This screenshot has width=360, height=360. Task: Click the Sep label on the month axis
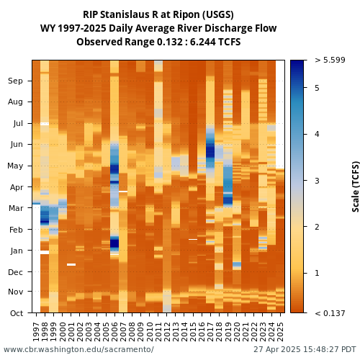point(15,81)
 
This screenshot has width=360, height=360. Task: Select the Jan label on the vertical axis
point(17,251)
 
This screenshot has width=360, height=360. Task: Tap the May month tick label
point(15,166)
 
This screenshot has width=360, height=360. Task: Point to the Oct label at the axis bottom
point(17,313)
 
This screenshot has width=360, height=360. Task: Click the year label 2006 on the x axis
point(114,332)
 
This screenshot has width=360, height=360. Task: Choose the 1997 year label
point(36,332)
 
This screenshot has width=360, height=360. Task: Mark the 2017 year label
point(210,332)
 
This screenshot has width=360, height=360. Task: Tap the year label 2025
point(280,332)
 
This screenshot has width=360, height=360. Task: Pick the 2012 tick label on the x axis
point(167,332)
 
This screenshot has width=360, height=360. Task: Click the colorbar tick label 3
point(317,181)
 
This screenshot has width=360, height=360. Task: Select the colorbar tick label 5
point(317,88)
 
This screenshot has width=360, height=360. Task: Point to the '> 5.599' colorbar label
point(330,60)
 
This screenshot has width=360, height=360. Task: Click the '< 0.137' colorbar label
point(330,313)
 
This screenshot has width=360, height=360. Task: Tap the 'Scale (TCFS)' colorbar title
point(356,186)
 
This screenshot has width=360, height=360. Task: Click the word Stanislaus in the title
point(125,14)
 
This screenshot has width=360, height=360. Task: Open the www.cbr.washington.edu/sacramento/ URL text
point(78,349)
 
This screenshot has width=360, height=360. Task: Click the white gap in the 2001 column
point(71,264)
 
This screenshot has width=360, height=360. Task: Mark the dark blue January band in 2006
point(114,243)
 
